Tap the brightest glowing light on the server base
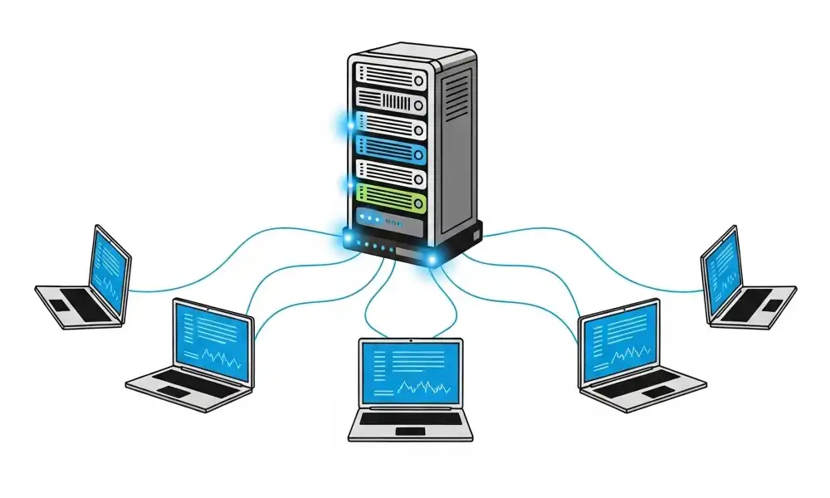tap(432, 261)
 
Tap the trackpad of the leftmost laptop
tap(61, 305)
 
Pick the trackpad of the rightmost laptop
tap(771, 305)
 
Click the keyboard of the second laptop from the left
tap(186, 379)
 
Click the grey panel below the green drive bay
tap(388, 222)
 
